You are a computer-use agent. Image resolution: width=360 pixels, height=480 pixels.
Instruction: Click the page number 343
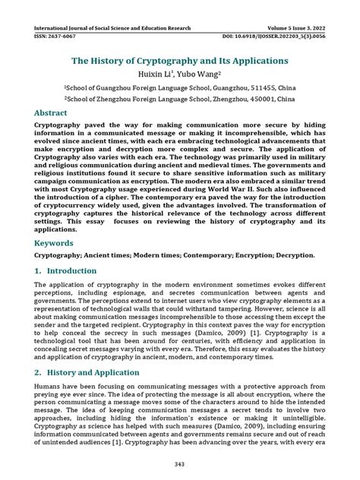(x=180, y=463)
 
